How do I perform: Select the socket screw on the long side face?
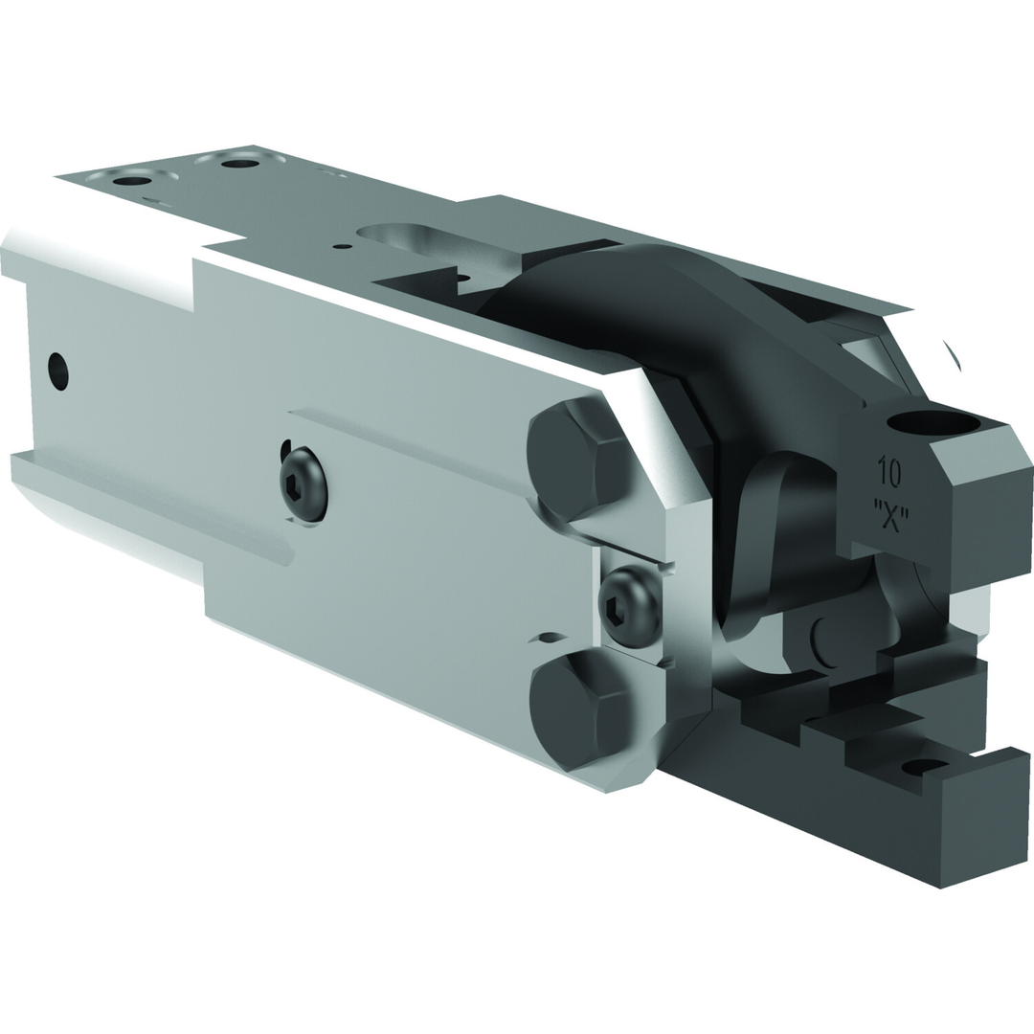point(303,487)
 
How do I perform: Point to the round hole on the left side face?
point(57,371)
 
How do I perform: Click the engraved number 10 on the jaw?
point(889,472)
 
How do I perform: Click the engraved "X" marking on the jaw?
point(890,513)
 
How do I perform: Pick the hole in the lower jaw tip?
point(925,765)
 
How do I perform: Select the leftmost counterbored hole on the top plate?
point(132,178)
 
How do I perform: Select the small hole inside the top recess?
point(463,280)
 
